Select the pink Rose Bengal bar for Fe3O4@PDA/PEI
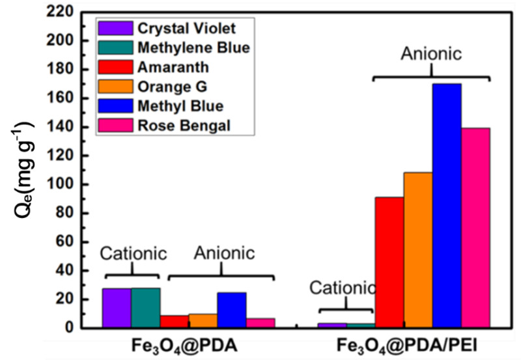[x=475, y=228]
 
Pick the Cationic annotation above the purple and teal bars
[x=134, y=253]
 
